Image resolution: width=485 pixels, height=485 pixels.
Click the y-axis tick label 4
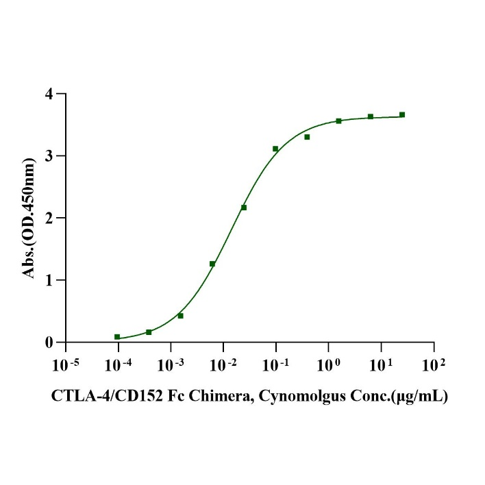click(49, 94)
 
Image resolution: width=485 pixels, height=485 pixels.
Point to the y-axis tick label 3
click(49, 156)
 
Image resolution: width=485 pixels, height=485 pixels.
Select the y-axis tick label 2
click(49, 218)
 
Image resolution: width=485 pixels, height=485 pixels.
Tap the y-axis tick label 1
click(49, 280)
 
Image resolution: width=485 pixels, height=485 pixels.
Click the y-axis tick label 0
click(49, 343)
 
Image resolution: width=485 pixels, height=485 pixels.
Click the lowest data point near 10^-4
click(117, 337)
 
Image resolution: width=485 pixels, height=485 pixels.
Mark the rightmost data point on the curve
click(402, 114)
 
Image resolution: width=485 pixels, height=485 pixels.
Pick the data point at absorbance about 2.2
click(244, 207)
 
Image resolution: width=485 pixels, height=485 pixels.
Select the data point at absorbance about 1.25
click(212, 264)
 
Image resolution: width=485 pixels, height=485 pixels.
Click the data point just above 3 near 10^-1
click(275, 149)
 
